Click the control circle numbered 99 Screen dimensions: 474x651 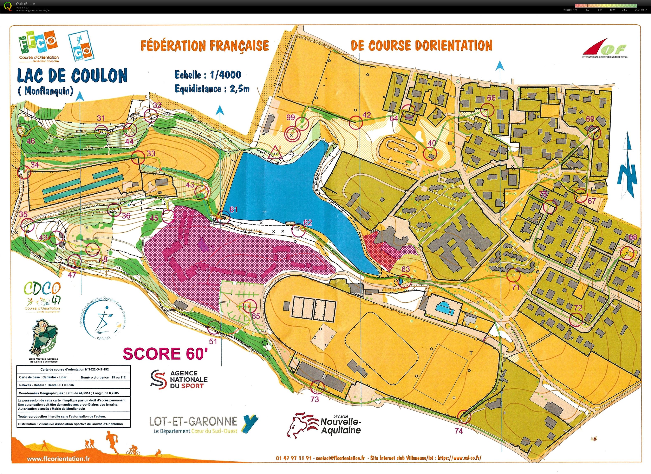tap(292, 134)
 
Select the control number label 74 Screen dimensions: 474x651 tap(459, 431)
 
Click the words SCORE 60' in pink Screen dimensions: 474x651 tap(165, 354)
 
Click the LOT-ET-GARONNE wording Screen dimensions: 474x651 tap(193, 421)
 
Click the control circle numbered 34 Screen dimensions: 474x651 tap(24, 172)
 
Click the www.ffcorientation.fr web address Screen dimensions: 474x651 tap(58, 459)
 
